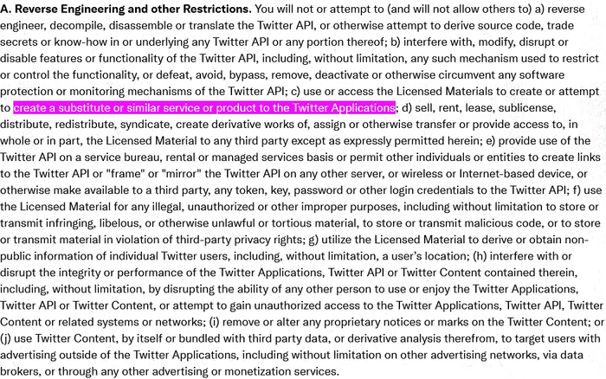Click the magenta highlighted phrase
(x=204, y=108)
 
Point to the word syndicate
(x=161, y=125)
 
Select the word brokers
(x=26, y=371)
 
